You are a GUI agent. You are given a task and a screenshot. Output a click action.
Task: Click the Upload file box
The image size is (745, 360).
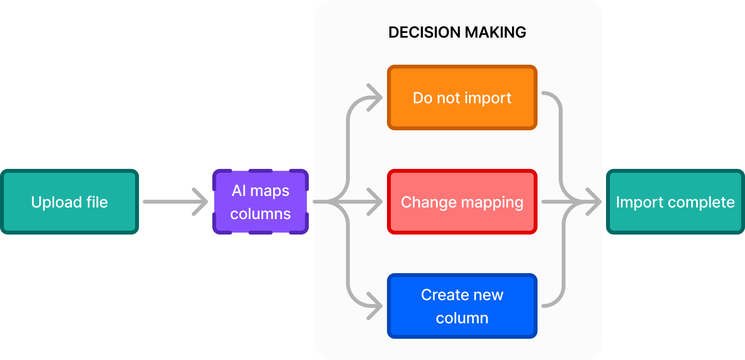69,202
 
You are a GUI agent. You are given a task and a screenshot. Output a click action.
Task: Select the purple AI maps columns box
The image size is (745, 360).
261,202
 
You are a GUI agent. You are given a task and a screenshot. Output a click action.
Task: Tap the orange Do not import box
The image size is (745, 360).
462,97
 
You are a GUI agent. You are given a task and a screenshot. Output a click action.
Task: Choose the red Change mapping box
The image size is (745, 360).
462,202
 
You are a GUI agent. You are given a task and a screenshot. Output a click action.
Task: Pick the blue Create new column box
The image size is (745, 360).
462,306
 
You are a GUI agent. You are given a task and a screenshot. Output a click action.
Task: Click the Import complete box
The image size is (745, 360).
675,202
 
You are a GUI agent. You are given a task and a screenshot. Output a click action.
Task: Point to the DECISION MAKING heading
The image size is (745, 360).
457,32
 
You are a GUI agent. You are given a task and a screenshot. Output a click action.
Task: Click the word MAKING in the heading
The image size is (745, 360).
494,32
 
